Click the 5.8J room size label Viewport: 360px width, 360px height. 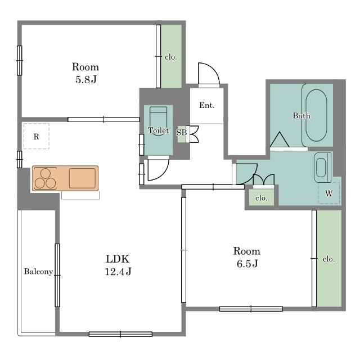click(x=86, y=80)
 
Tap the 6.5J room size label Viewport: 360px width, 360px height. click(x=247, y=264)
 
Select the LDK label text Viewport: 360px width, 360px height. click(x=118, y=259)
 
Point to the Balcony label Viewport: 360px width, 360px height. click(x=39, y=272)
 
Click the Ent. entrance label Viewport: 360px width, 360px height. click(x=207, y=105)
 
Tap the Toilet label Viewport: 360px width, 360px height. click(x=159, y=130)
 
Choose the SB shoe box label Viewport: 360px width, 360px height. click(x=181, y=133)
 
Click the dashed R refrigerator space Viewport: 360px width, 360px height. click(x=36, y=136)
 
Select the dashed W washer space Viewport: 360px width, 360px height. click(x=328, y=193)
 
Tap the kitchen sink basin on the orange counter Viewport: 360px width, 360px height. click(x=82, y=178)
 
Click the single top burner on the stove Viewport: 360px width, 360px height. click(x=46, y=173)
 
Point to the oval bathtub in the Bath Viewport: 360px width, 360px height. click(x=316, y=115)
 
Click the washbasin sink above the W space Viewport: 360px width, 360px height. click(x=322, y=168)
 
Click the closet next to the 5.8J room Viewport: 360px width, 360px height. click(x=171, y=56)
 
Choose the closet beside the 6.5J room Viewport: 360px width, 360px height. click(x=329, y=258)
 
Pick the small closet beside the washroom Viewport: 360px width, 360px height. click(x=262, y=197)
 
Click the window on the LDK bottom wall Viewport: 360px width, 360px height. click(x=120, y=334)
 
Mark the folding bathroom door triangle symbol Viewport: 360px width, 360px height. click(x=280, y=139)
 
